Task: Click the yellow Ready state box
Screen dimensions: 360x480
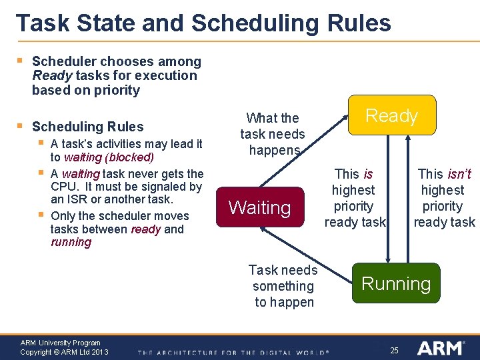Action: pos(391,115)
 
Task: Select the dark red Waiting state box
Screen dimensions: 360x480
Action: pos(259,207)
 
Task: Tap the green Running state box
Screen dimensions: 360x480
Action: pos(396,283)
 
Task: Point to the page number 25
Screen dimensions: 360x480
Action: pos(394,350)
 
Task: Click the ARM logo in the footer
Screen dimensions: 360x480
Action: pos(441,348)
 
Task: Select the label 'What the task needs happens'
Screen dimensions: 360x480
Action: pos(273,134)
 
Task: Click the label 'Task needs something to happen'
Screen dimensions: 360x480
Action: pos(283,286)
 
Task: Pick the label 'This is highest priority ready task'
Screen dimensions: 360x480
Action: pos(355,198)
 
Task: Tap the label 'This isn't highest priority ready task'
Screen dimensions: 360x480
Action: pos(444,198)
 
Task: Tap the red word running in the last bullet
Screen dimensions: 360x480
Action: pos(71,242)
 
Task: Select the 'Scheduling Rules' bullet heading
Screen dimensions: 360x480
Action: pos(87,127)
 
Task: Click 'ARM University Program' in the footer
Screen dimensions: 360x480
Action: pos(60,343)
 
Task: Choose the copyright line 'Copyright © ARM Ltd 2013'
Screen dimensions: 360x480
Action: pos(64,352)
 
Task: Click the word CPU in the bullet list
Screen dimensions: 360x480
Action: pos(64,187)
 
